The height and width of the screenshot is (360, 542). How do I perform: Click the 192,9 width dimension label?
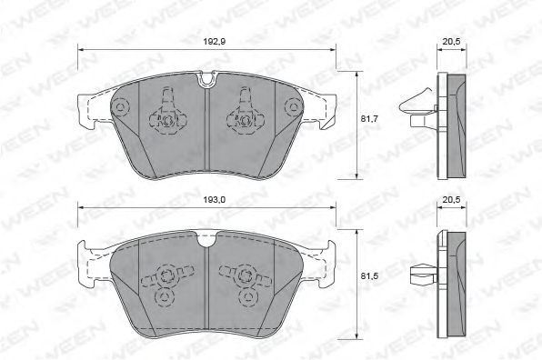215,42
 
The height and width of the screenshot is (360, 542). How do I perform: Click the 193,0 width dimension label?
215,199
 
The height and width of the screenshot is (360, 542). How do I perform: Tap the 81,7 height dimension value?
369,118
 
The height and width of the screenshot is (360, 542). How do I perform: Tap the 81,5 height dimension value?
369,276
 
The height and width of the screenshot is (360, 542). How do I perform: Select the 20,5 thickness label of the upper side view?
451,42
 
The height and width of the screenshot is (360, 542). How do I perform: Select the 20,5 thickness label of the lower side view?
451,199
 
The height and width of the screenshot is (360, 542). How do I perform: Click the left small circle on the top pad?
120,106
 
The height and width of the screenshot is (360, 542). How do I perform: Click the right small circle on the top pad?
294,106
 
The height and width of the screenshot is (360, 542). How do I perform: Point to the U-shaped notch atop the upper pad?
206,79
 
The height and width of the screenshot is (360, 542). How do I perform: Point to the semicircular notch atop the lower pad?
206,239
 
